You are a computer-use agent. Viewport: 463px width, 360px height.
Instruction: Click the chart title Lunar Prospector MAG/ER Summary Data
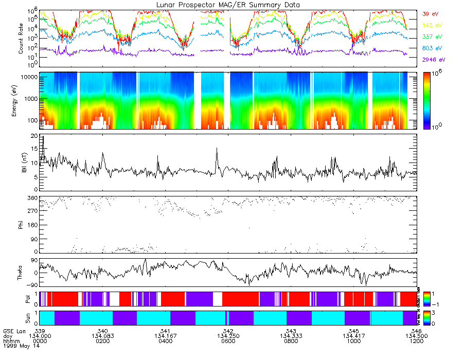(228, 5)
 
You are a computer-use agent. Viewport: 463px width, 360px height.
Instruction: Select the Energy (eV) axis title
(21, 101)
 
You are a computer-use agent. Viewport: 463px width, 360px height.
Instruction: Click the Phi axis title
(21, 224)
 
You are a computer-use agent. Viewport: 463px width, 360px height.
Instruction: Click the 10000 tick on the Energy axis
(28, 77)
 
